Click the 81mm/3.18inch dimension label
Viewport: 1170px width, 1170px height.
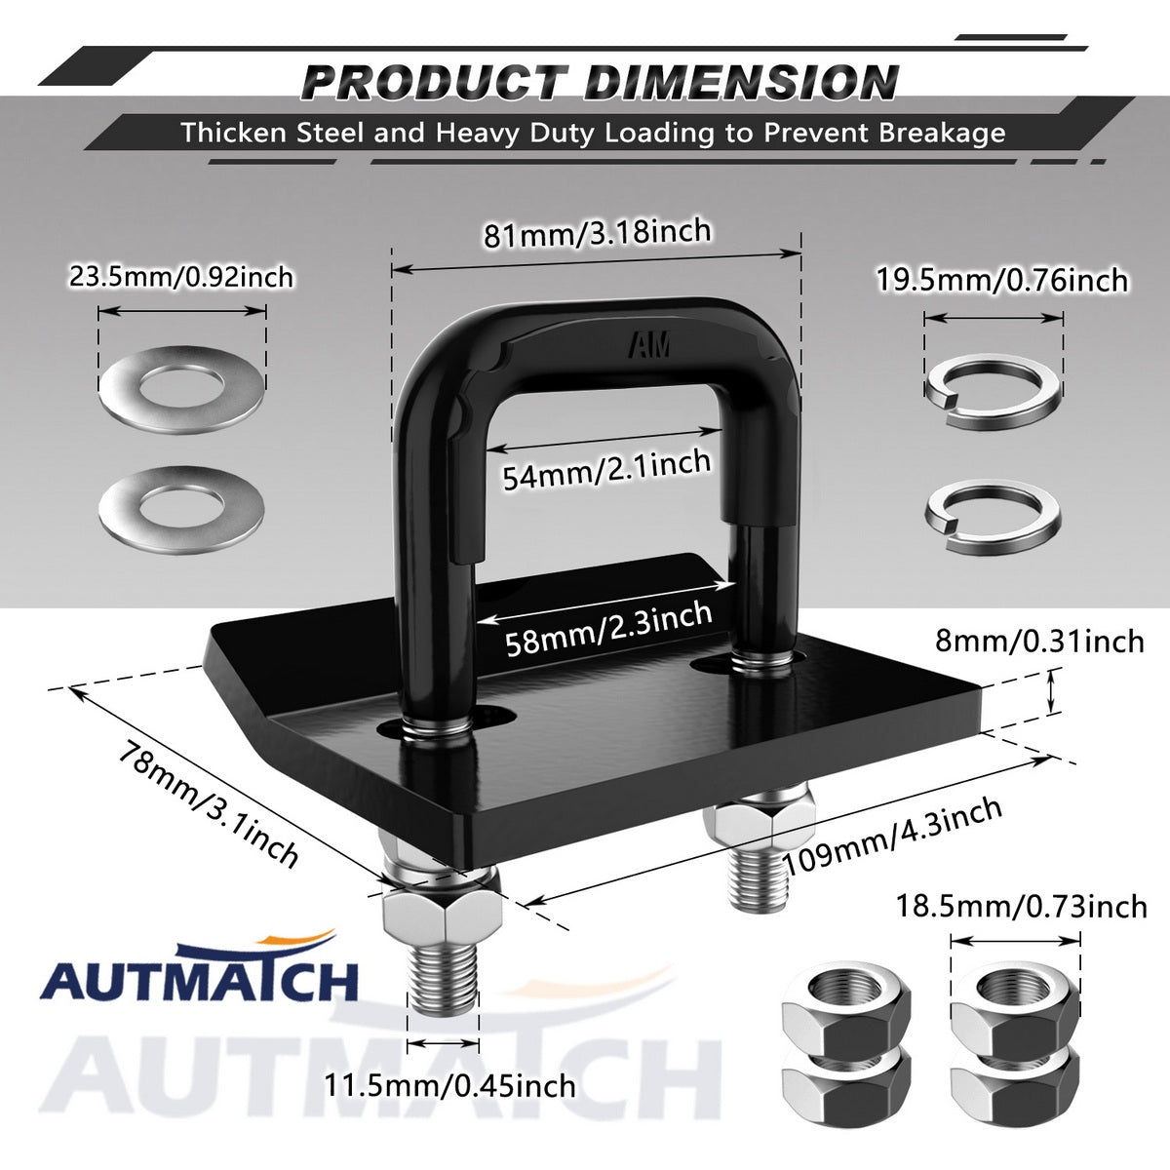[597, 233]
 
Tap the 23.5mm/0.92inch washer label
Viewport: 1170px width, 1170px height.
[181, 278]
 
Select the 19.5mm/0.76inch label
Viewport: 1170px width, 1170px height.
[1002, 281]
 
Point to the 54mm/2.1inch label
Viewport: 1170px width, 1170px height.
[606, 469]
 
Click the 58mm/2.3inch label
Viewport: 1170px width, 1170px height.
[608, 629]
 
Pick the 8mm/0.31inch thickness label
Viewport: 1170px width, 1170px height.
[1039, 642]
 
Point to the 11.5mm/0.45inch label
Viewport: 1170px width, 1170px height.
[449, 1086]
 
